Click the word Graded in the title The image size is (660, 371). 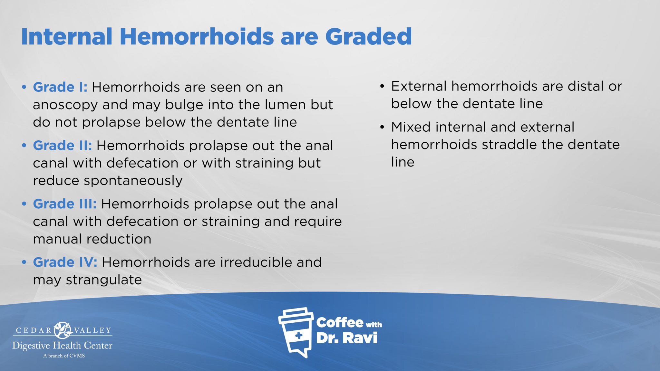368,36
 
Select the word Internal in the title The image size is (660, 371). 67,36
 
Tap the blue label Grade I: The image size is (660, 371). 60,87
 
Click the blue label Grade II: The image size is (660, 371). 62,146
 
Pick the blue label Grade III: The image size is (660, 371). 64,204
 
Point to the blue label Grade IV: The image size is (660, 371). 65,262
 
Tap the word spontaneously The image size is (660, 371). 133,181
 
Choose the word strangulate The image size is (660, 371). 104,280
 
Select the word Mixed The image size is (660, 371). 411,127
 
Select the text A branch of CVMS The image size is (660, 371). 64,356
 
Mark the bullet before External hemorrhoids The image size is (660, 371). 382,86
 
